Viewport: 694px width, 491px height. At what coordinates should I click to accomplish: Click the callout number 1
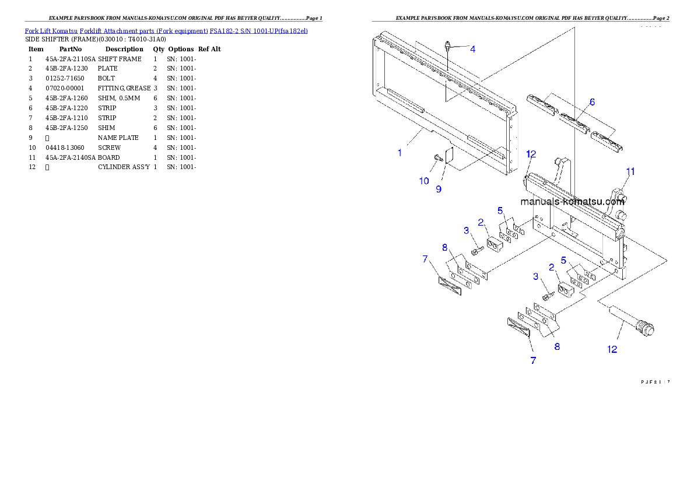(x=399, y=153)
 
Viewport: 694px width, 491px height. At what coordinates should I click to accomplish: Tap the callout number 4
(x=472, y=50)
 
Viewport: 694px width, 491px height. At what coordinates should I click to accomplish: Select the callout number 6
(x=592, y=102)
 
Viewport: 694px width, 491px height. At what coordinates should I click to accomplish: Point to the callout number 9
(x=439, y=189)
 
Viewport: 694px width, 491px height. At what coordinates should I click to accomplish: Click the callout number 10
(x=424, y=181)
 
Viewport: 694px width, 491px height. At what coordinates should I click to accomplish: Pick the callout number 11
(x=630, y=171)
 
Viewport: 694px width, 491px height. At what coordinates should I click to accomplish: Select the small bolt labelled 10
(x=437, y=157)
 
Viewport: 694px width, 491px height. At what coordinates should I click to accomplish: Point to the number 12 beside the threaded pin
(x=612, y=349)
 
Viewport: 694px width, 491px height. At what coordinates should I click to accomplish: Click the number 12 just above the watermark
(x=531, y=154)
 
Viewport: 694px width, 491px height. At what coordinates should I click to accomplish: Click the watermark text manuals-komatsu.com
(x=572, y=202)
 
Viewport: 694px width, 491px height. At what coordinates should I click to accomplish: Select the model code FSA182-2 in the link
(x=223, y=30)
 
